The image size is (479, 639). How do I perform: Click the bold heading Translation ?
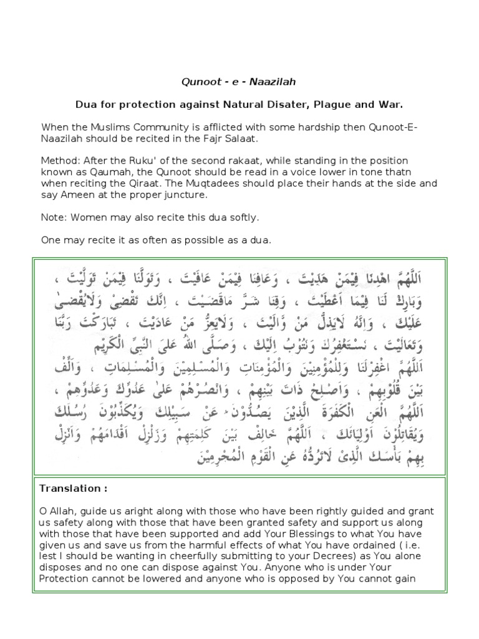coord(69,487)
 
